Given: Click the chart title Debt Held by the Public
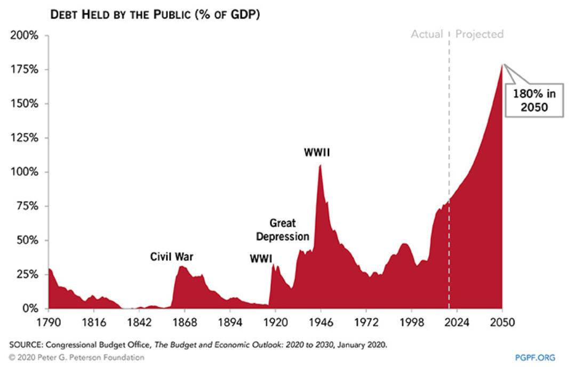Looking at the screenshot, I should [155, 15].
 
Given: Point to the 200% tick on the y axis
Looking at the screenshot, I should [25, 36].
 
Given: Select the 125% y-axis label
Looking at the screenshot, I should [25, 138].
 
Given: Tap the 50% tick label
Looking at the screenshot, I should [27, 241].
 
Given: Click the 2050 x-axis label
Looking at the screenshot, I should [502, 322].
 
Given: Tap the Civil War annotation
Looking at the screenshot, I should [172, 257].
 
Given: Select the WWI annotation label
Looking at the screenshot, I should [261, 259].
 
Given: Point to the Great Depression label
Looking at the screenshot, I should [282, 229].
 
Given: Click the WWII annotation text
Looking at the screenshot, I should [317, 153].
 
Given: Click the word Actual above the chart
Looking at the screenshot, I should [427, 34].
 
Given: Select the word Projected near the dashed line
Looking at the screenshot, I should [479, 34].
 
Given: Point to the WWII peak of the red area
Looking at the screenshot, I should [320, 166].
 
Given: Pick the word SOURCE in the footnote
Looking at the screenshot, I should [28, 345].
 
